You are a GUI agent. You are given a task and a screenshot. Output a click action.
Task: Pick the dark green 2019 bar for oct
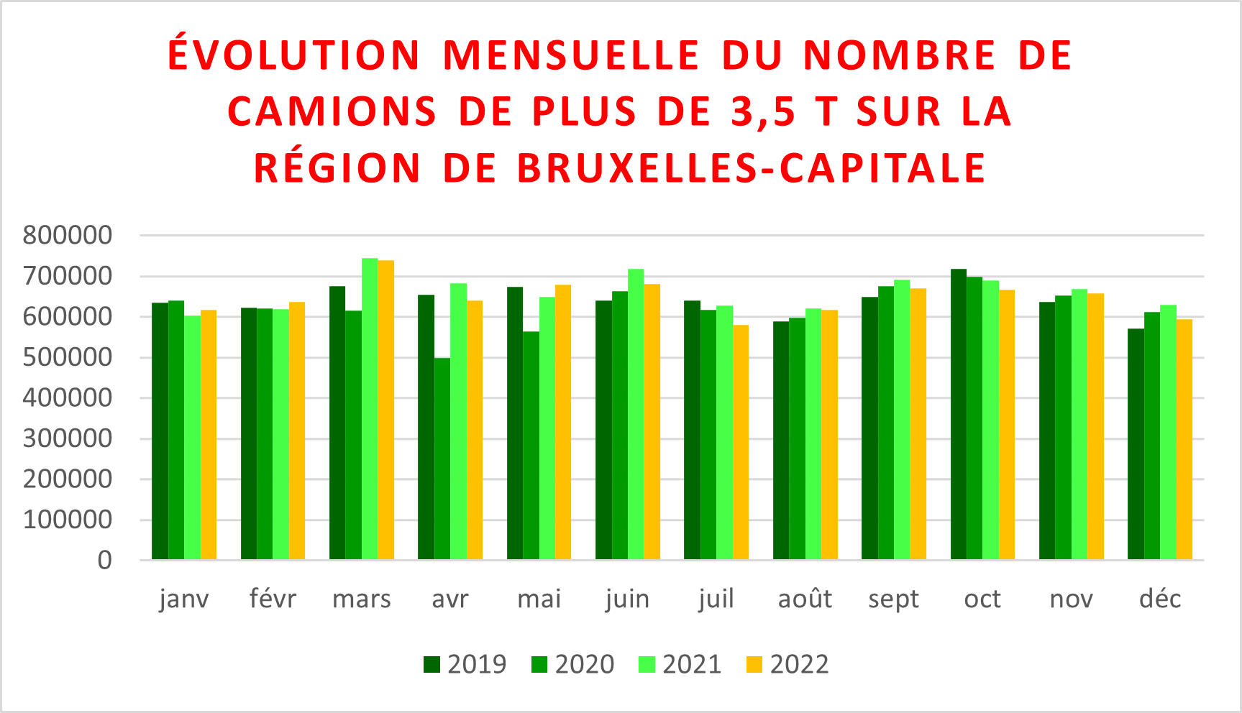pyautogui.click(x=959, y=414)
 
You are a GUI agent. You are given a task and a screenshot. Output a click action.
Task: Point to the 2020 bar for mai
pyautogui.click(x=531, y=446)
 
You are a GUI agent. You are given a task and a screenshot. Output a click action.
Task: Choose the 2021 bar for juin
pyautogui.click(x=636, y=414)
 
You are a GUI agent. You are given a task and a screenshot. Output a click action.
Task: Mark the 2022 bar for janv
pyautogui.click(x=209, y=434)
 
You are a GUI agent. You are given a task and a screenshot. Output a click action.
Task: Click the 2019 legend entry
pyautogui.click(x=465, y=664)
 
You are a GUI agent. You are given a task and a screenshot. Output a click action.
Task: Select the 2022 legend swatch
pyautogui.click(x=754, y=664)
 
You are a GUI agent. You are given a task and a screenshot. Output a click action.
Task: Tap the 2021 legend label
pyautogui.click(x=692, y=664)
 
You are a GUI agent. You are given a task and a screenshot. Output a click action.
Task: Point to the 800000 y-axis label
pyautogui.click(x=68, y=235)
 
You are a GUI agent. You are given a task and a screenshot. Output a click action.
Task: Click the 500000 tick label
pyautogui.click(x=68, y=357)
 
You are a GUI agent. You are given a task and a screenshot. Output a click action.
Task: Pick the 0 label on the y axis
pyautogui.click(x=105, y=561)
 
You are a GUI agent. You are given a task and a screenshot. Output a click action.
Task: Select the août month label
pyautogui.click(x=805, y=599)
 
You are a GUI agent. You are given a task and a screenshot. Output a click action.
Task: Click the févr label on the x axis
pyautogui.click(x=273, y=599)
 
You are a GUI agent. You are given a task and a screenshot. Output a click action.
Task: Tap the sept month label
pyautogui.click(x=893, y=599)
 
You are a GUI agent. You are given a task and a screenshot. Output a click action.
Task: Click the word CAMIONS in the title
pyautogui.click(x=332, y=112)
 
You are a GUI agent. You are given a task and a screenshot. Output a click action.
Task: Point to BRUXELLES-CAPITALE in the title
pyautogui.click(x=751, y=168)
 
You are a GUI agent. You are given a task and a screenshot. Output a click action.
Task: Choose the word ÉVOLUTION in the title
pyautogui.click(x=294, y=55)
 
